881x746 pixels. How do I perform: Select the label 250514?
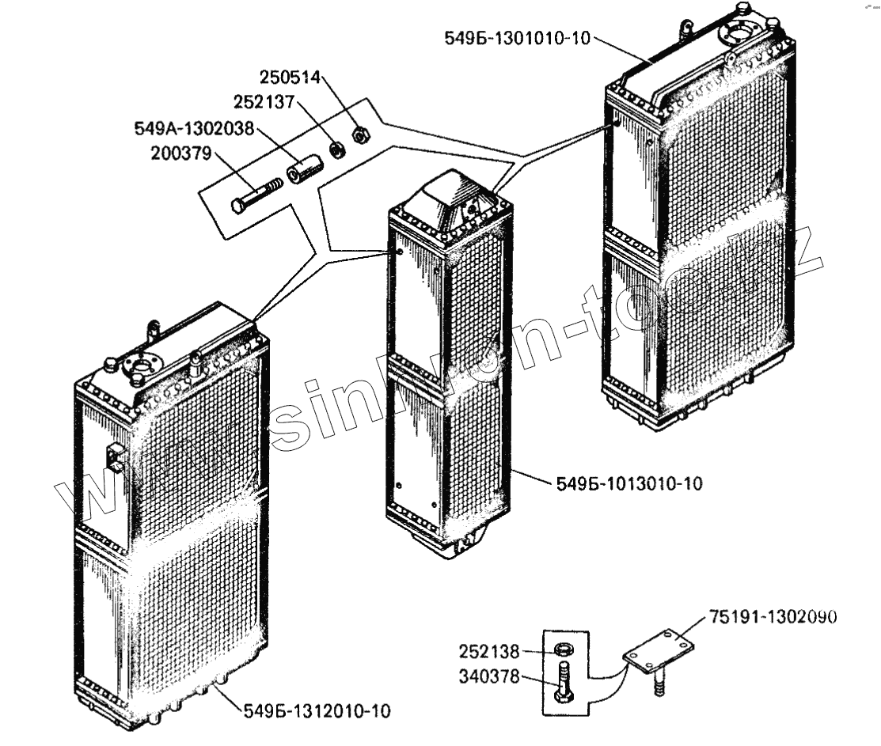click(290, 78)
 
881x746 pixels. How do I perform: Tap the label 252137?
click(263, 103)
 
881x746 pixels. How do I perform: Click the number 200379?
click(181, 153)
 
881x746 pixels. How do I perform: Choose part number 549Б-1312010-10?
click(316, 711)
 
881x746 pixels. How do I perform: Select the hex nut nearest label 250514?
click(359, 135)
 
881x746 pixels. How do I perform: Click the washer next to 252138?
click(564, 650)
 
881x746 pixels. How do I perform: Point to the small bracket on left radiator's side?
click(116, 457)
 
